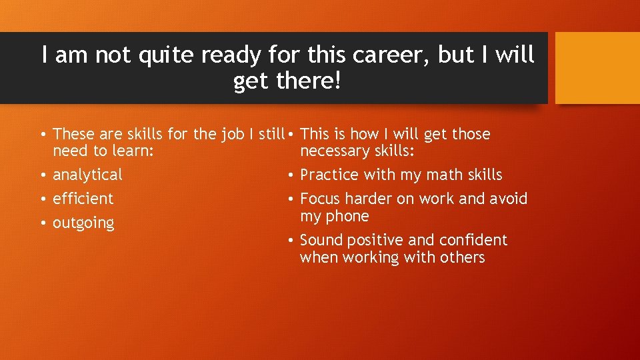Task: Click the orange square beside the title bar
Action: (x=597, y=68)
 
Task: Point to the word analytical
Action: (x=87, y=175)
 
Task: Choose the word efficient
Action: (x=83, y=199)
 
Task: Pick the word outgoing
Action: (x=83, y=223)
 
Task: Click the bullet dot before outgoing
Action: (x=42, y=223)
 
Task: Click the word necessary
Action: (x=333, y=151)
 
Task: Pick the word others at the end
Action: (x=462, y=257)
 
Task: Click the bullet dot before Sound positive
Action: (x=291, y=241)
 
